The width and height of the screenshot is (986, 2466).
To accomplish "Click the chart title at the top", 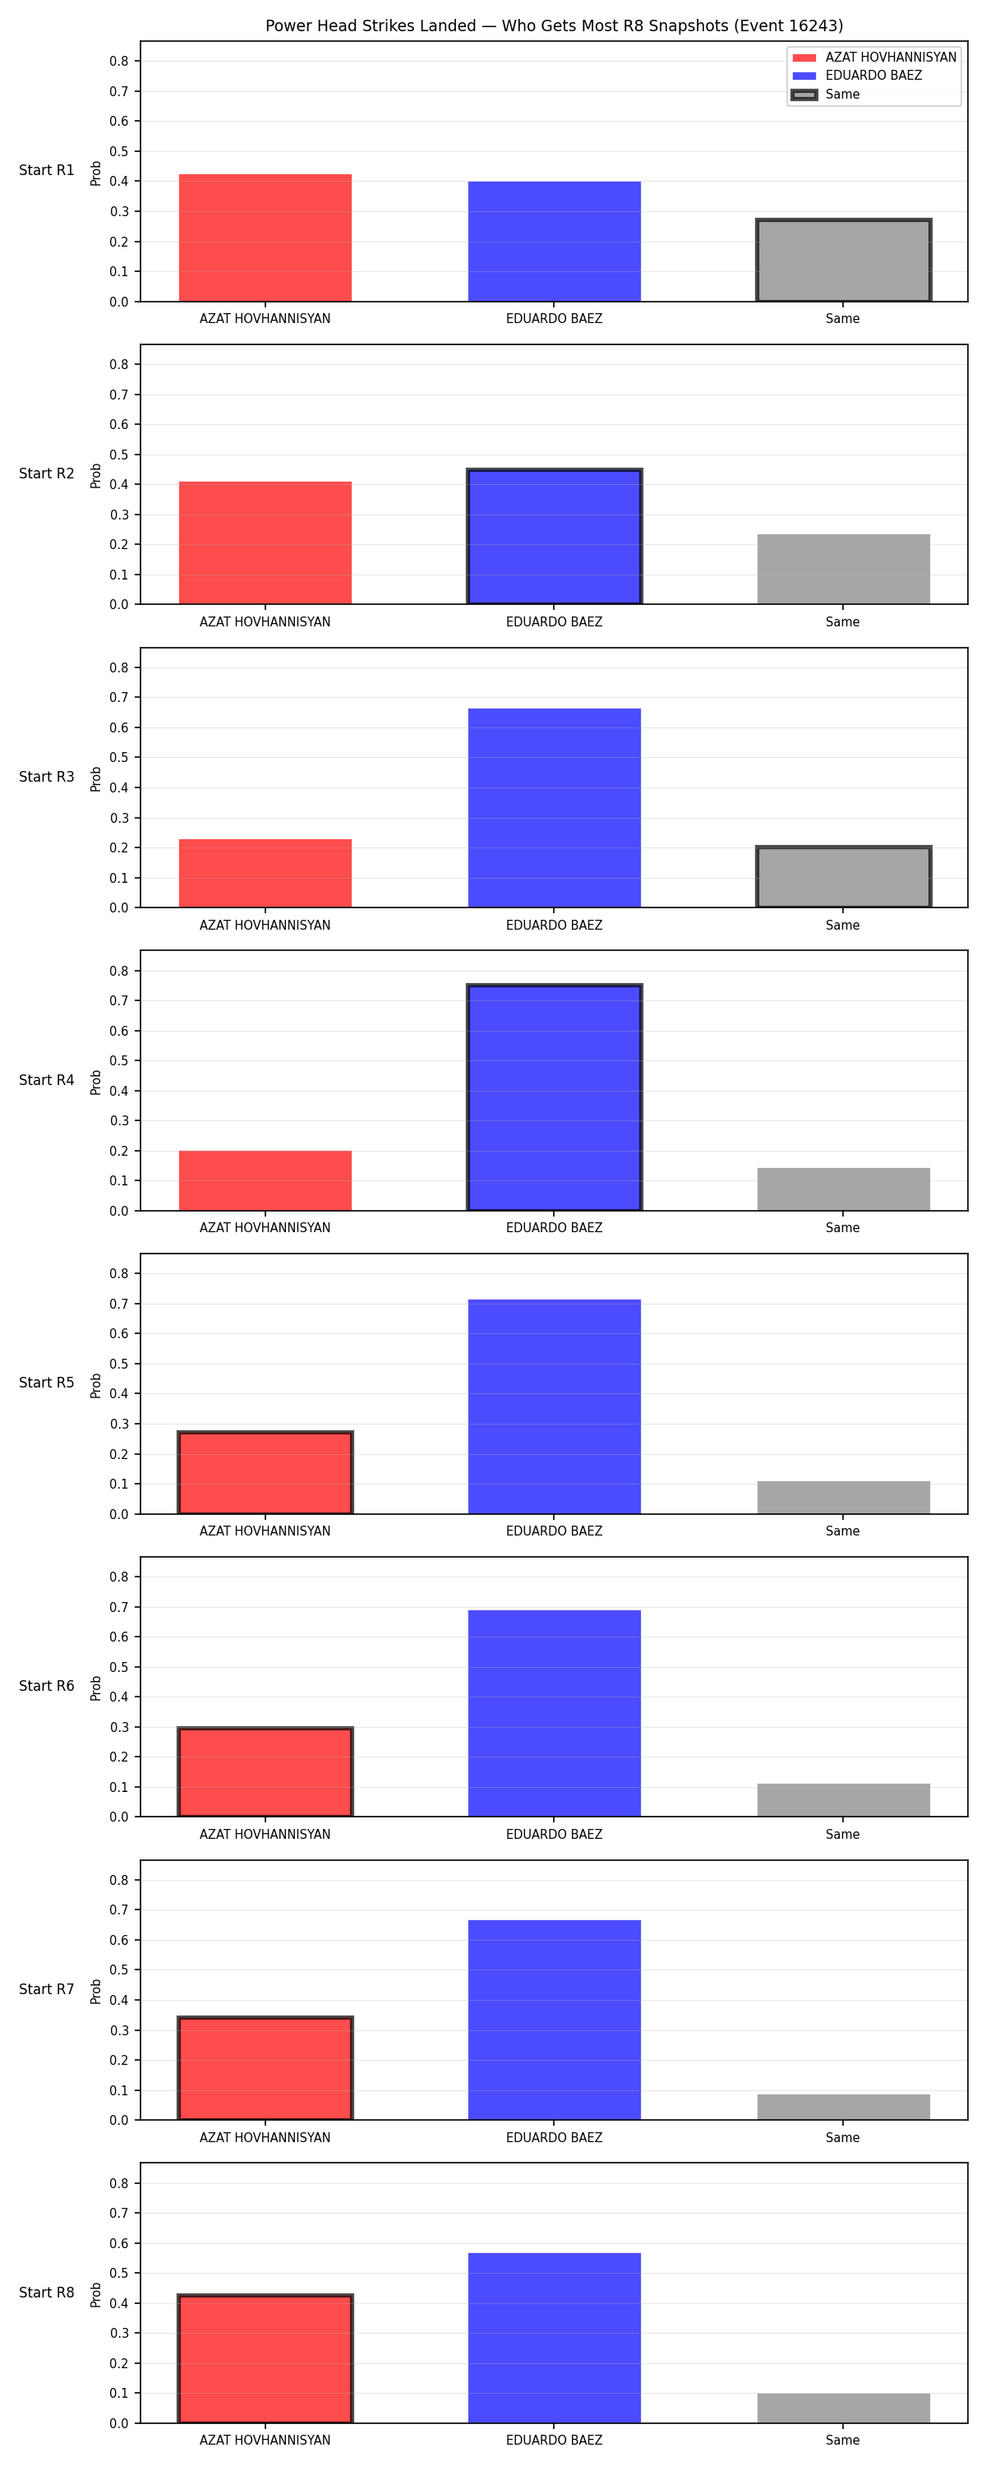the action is point(555,25).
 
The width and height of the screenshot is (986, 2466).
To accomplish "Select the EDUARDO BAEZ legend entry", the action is point(857,76).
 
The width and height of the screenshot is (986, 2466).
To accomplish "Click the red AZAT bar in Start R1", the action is point(265,238).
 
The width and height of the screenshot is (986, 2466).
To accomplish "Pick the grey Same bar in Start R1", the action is point(843,261).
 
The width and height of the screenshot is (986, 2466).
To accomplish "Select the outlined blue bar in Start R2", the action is point(555,537).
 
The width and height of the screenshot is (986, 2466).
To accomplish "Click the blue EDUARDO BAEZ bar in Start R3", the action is point(555,808).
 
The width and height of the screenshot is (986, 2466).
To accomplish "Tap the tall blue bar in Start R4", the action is point(555,1097).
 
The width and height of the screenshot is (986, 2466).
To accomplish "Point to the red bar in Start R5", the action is point(265,1473).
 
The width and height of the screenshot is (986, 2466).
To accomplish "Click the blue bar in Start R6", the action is point(555,1714).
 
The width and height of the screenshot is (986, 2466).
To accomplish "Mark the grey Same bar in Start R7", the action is point(843,2107).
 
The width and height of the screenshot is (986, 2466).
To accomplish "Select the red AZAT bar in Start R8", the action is point(265,2359).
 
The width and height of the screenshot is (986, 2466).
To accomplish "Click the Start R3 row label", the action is point(47,776).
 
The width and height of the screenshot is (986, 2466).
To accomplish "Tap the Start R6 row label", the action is point(47,1686).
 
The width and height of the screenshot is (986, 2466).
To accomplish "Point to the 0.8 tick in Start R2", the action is point(118,365).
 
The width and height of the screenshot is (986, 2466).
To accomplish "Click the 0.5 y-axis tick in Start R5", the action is point(118,1365).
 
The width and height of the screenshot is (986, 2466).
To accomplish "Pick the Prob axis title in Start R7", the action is point(96,1991).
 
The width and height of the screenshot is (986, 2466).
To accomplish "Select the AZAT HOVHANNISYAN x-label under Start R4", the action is point(265,1227).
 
